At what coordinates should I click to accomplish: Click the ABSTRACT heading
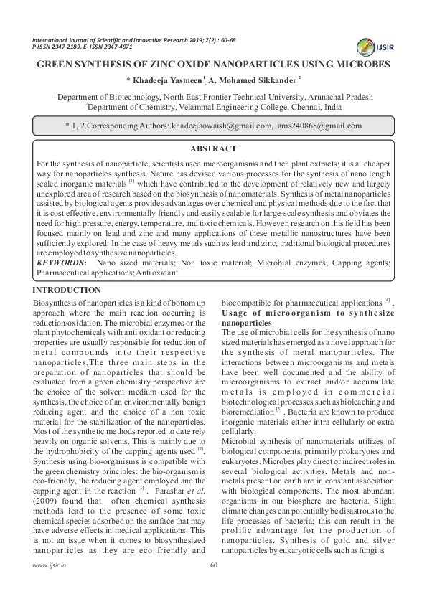pos(212,148)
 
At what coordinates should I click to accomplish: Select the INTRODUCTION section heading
pos(67,290)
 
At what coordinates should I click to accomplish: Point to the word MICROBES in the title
pos(363,64)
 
